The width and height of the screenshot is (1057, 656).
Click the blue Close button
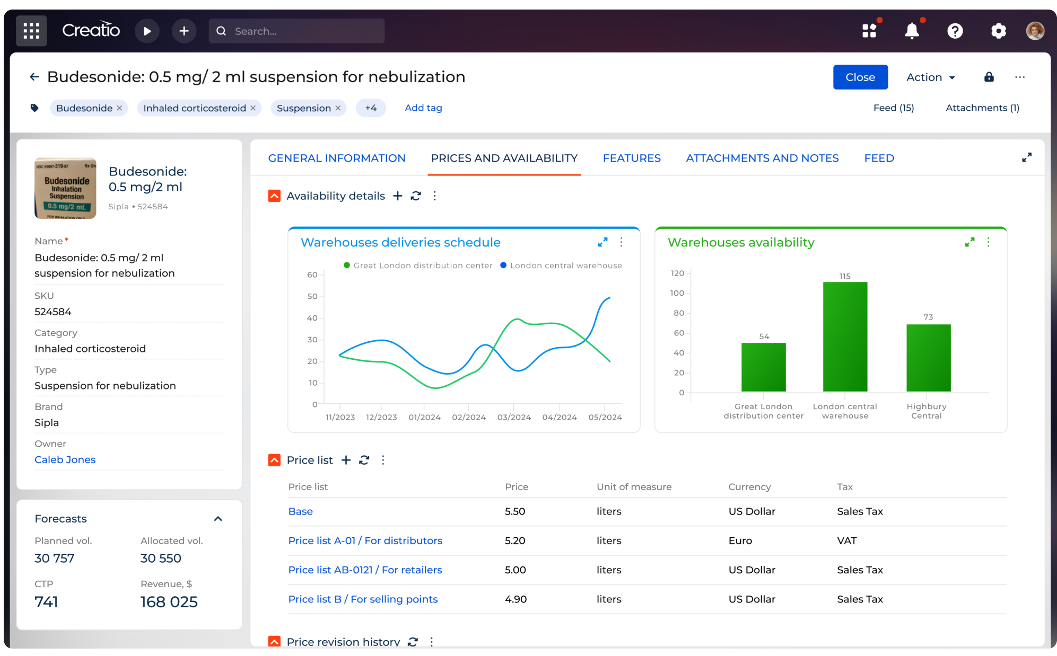(x=860, y=77)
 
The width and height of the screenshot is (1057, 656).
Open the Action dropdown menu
(x=930, y=77)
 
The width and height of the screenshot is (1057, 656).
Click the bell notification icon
(x=912, y=31)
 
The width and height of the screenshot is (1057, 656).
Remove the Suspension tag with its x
(x=338, y=108)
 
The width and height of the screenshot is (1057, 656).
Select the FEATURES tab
(x=631, y=158)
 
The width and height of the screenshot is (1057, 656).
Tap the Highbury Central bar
(x=928, y=358)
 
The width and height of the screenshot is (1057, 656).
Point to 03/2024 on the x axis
(x=513, y=417)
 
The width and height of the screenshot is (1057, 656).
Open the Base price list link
(x=300, y=511)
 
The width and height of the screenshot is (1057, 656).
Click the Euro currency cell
(x=740, y=540)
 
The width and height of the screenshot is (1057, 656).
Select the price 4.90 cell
(x=516, y=599)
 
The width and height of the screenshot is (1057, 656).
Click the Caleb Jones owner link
(x=65, y=459)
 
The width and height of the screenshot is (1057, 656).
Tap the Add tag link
(x=423, y=108)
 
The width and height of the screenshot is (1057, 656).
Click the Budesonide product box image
(x=66, y=188)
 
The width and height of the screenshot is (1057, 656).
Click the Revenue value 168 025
(x=169, y=602)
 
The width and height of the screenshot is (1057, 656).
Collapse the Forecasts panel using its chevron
(x=218, y=519)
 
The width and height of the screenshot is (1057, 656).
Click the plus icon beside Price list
(x=346, y=460)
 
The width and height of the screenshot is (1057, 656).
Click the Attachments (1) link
(x=982, y=108)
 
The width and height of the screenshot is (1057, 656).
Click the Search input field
(x=305, y=31)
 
